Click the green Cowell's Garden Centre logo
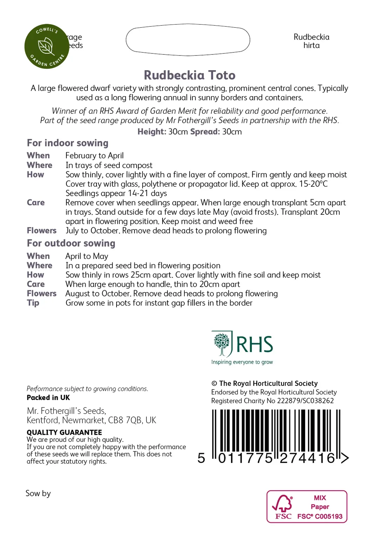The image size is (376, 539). click(47, 46)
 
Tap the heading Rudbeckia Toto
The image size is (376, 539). click(190, 75)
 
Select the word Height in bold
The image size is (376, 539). click(151, 132)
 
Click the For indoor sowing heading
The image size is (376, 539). click(67, 143)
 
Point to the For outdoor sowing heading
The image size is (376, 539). click(71, 243)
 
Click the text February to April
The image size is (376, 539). click(94, 155)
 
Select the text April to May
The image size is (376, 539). click(87, 256)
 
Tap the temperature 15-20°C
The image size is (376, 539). click(313, 184)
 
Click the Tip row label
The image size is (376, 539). click(33, 303)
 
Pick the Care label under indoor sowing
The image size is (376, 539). click(36, 202)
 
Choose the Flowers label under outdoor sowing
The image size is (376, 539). click(41, 293)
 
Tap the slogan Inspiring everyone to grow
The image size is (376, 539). click(242, 362)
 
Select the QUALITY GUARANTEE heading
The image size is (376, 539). click(64, 432)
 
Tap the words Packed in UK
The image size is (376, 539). click(48, 398)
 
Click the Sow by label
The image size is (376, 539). click(38, 493)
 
